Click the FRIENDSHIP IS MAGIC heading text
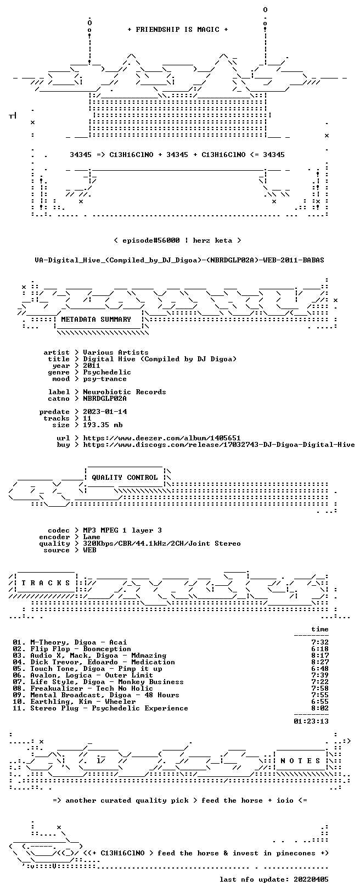tap(178, 30)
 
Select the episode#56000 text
tap(151, 240)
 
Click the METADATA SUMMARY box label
tap(96, 319)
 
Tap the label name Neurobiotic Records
tap(125, 392)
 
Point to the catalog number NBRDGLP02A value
tap(105, 399)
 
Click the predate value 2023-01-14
tap(105, 412)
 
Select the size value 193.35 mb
tap(103, 425)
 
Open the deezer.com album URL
tap(161, 438)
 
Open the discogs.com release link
tap(219, 444)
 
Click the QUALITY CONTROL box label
tap(125, 477)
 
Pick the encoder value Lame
tap(92, 537)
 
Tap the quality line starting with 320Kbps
tap(161, 544)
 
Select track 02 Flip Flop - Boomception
tap(72, 649)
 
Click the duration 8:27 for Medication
tap(320, 662)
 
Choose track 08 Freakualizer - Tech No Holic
tap(83, 688)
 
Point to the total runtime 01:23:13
tap(311, 721)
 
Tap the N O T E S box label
tap(300, 761)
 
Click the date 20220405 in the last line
tap(311, 879)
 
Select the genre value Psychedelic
tap(107, 372)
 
